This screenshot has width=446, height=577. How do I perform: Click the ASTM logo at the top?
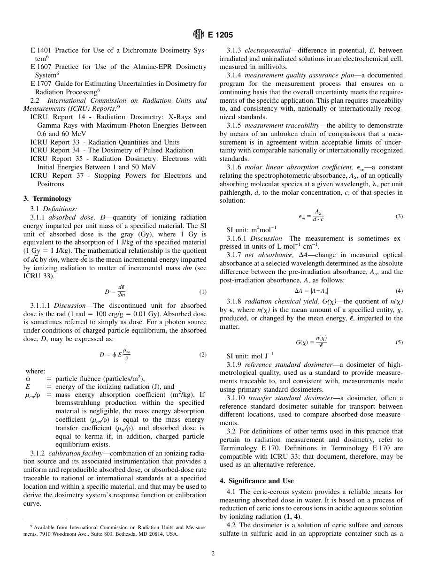199,35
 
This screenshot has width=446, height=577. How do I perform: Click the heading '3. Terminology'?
47,198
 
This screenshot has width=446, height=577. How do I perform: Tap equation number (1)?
202,292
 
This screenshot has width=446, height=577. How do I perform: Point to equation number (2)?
202,355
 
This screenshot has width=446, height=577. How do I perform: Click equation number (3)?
399,216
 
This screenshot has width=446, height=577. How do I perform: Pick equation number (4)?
399,290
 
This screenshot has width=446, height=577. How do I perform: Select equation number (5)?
399,342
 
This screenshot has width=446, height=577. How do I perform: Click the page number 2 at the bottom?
213,554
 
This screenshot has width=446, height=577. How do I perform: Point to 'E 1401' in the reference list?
40,50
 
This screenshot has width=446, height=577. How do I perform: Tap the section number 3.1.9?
234,364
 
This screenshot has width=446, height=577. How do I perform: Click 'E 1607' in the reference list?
40,67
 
